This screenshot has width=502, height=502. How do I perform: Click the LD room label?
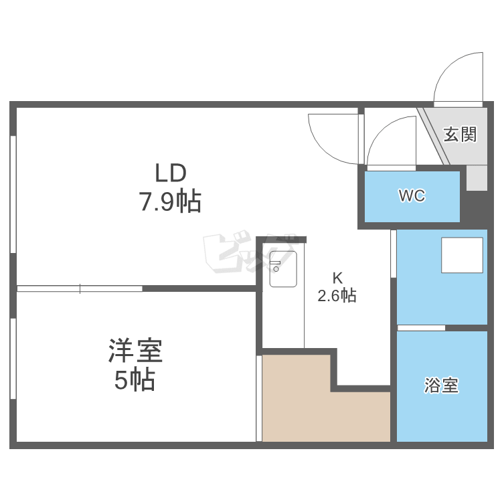click(170, 173)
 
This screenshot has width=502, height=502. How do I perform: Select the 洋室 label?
click(136, 351)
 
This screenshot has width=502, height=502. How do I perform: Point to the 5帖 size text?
click(135, 380)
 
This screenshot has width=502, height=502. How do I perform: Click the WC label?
click(412, 196)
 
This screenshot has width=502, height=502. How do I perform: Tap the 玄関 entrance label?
click(461, 135)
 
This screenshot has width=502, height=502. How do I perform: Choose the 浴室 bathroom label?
click(442, 386)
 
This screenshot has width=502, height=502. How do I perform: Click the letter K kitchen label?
click(337, 278)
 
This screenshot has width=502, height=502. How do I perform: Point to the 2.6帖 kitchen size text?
click(337, 296)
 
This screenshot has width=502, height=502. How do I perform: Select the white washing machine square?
click(462, 256)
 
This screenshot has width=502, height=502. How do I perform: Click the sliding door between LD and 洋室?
click(80, 289)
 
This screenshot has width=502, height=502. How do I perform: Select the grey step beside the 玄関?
click(477, 178)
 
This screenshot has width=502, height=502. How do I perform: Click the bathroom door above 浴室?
click(422, 328)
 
